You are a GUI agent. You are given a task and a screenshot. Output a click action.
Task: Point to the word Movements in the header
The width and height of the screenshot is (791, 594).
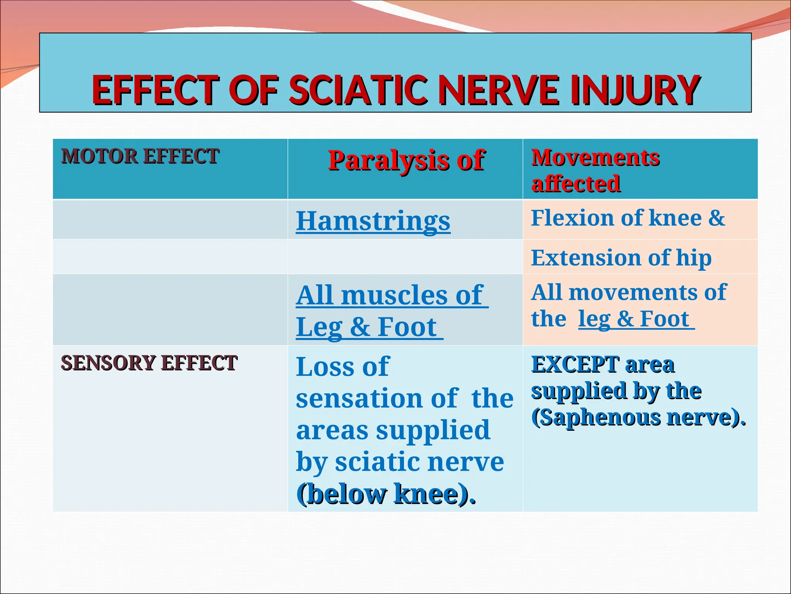click(595, 158)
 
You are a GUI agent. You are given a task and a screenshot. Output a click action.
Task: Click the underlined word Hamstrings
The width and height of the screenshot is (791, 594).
click(373, 221)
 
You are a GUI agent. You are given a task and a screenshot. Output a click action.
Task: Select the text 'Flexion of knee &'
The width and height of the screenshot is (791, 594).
click(628, 218)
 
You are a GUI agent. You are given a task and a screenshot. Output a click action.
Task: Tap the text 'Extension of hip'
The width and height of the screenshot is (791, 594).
click(621, 258)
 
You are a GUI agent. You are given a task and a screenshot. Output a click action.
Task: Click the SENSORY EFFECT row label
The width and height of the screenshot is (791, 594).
click(149, 363)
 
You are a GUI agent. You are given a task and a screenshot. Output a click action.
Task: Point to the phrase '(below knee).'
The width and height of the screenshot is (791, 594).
click(385, 494)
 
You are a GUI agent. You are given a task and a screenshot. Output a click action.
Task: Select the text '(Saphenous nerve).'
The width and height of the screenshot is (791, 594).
click(638, 418)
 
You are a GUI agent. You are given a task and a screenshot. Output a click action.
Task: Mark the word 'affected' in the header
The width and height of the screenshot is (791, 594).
click(576, 184)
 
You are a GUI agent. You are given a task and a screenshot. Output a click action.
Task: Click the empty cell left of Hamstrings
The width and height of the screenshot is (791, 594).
click(170, 219)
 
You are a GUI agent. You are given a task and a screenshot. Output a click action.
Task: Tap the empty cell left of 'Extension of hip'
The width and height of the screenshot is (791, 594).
click(170, 257)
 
